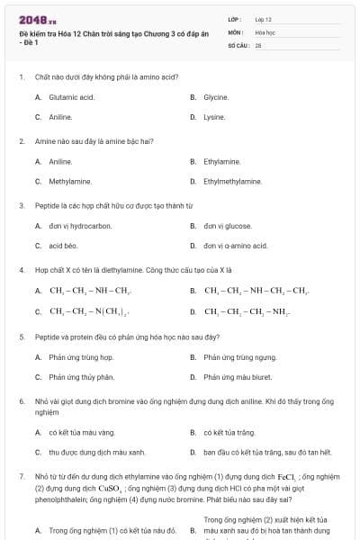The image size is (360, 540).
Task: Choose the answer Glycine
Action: point(215,96)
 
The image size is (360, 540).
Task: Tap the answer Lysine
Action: point(214,117)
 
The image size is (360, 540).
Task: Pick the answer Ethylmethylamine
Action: point(232,181)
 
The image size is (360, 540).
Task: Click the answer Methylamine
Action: point(70,181)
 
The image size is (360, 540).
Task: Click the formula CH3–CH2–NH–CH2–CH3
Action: point(256,291)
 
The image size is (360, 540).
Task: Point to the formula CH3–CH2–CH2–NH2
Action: point(246,311)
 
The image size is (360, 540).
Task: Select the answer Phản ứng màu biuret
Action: point(238,377)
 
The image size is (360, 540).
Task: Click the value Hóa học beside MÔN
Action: point(264,31)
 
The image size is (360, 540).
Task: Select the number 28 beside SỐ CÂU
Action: point(258,44)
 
